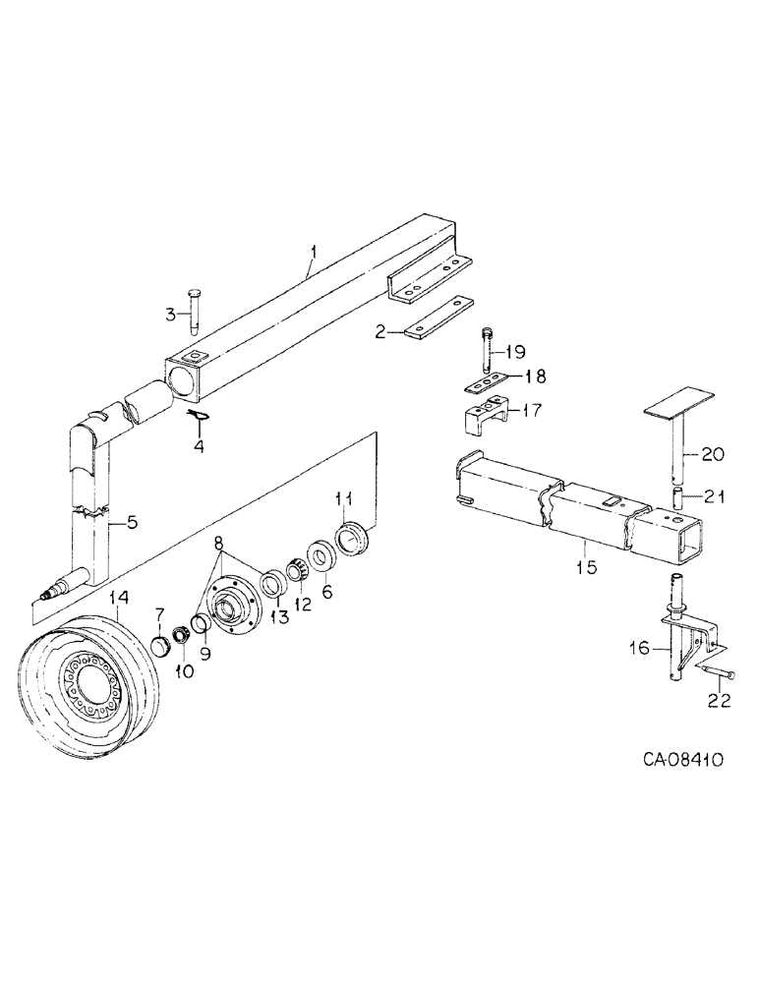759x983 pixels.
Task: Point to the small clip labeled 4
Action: [x=201, y=419]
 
